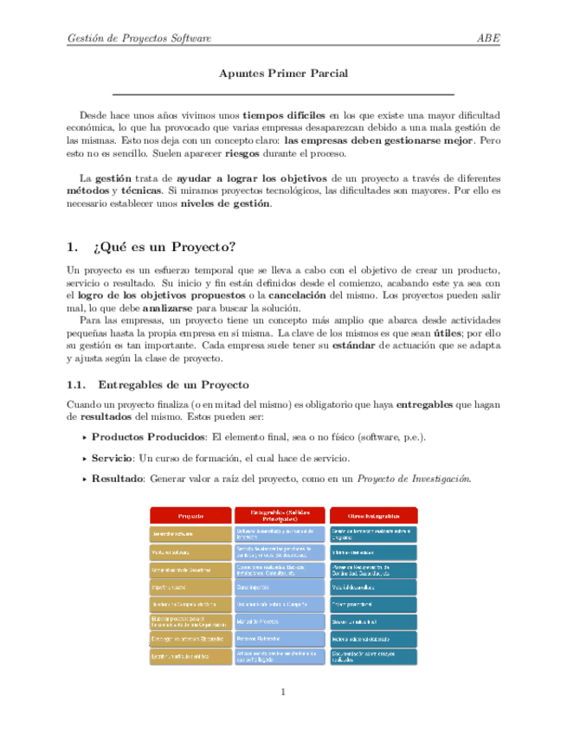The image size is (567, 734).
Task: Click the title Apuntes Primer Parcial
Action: pyautogui.click(x=283, y=74)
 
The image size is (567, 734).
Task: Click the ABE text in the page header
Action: pyautogui.click(x=489, y=38)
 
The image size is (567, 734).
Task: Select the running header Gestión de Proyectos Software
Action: pyautogui.click(x=139, y=38)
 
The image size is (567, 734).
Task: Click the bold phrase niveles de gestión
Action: pyautogui.click(x=225, y=204)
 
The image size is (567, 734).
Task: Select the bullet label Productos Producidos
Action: pyautogui.click(x=148, y=436)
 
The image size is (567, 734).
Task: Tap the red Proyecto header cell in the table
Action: pyautogui.click(x=191, y=516)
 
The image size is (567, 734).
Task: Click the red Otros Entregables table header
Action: pyautogui.click(x=374, y=516)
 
